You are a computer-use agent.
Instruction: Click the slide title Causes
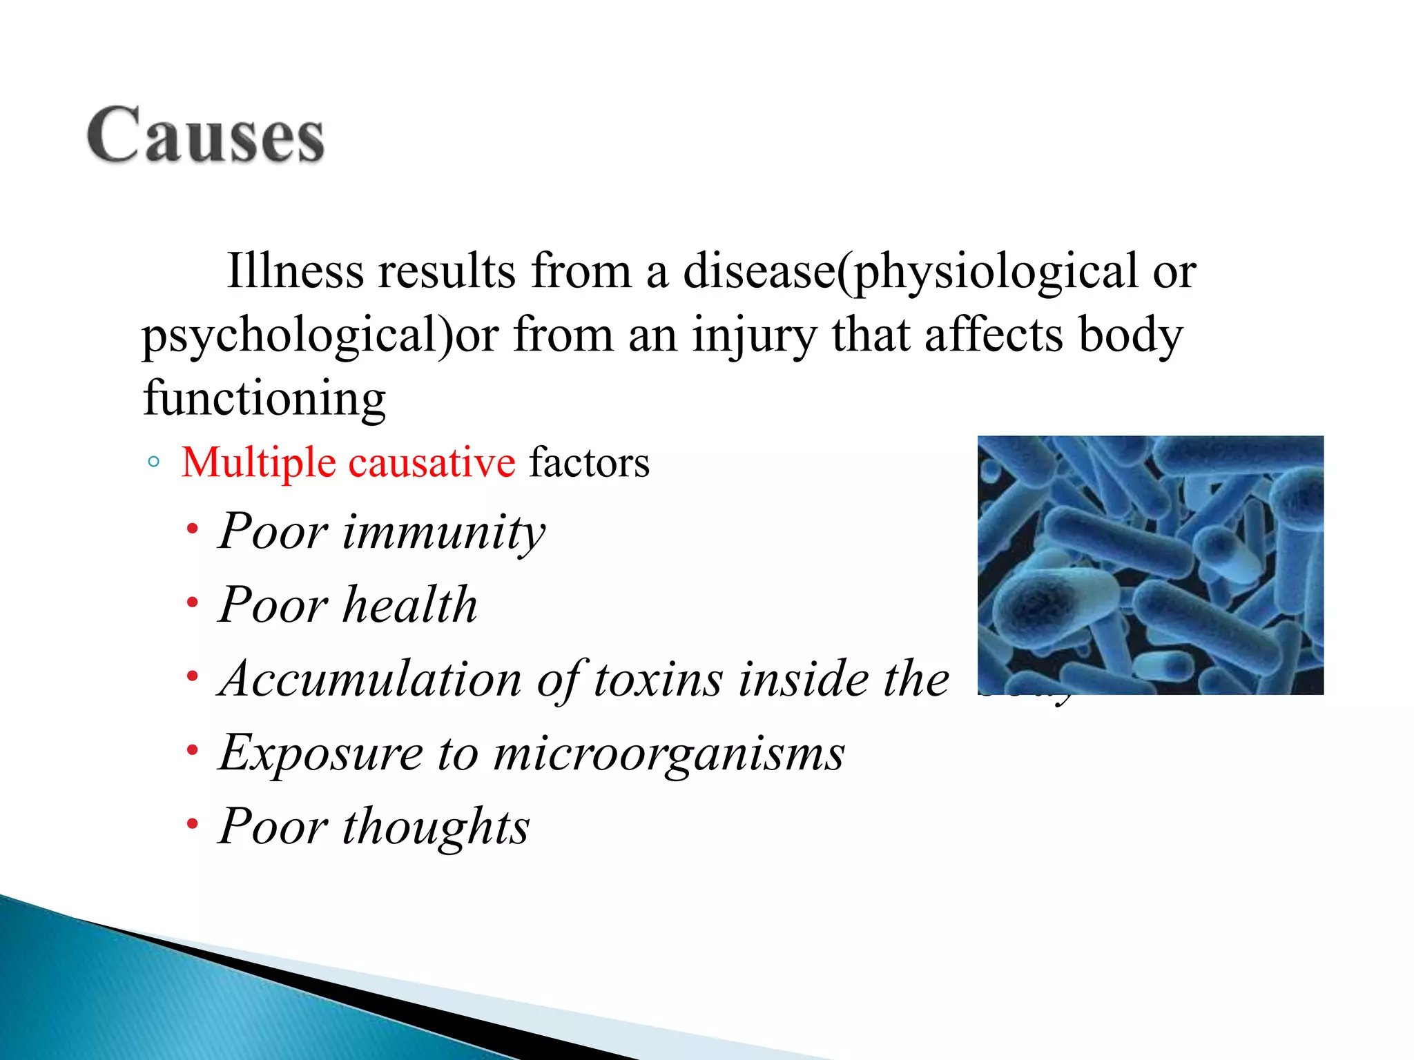[206, 135]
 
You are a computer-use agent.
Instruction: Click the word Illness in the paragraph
[295, 271]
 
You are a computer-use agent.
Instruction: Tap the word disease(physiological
[910, 272]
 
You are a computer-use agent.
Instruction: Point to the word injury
[754, 336]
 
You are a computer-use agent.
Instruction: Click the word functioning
[264, 399]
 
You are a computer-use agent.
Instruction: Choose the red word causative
[432, 462]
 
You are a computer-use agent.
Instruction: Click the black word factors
[589, 462]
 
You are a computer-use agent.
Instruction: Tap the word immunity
[444, 533]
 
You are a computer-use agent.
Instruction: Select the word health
[410, 605]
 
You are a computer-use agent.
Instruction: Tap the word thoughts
[436, 827]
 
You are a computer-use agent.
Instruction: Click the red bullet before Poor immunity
[193, 530]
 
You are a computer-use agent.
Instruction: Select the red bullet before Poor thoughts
[193, 823]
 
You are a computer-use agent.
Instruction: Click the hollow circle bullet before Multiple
[154, 462]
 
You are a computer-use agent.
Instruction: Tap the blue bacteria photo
[1150, 565]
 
